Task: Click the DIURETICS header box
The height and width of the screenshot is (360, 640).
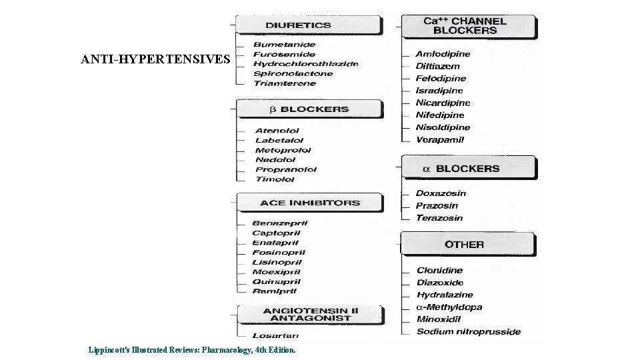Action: point(308,25)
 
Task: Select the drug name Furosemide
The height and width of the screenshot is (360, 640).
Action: point(285,55)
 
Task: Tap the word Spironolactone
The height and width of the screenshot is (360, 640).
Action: point(294,74)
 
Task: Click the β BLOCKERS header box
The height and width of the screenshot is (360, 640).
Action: point(309,109)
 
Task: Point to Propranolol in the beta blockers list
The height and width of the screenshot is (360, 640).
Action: point(286,169)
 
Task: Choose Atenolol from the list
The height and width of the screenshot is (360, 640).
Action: point(277,131)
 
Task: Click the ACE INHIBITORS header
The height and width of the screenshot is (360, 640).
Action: point(310,203)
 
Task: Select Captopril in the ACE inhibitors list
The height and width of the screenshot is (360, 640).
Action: point(276,233)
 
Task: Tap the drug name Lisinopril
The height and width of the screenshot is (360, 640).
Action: point(277,263)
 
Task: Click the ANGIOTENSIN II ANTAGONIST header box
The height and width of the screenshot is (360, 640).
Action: point(310,315)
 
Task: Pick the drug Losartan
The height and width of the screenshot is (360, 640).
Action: point(275,335)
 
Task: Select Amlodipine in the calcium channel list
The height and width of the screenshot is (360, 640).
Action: point(443,54)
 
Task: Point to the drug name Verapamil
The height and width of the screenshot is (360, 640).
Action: point(440,140)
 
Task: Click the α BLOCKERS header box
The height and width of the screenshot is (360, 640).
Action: point(467,169)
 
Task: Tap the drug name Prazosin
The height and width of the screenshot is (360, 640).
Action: point(437,206)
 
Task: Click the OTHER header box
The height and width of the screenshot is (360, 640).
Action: point(465,245)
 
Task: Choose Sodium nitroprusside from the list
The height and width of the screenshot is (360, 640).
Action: point(469,331)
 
